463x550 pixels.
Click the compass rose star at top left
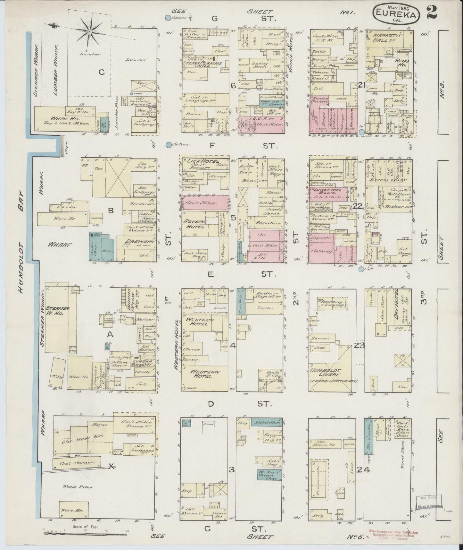pos(90,31)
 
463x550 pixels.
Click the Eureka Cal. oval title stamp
pos(396,13)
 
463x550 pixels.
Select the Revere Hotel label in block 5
pos(196,224)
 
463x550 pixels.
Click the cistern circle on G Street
pos(168,18)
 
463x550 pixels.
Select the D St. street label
pos(237,404)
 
